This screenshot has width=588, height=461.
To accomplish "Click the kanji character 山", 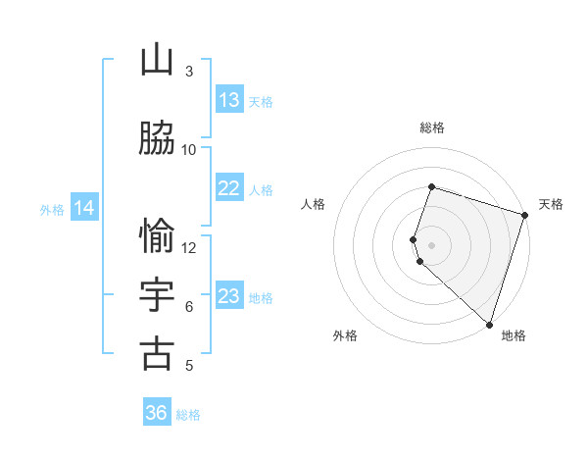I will (x=157, y=61).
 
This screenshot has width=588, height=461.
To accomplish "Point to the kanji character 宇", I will (x=157, y=295).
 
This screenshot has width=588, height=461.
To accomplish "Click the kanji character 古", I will (x=157, y=354).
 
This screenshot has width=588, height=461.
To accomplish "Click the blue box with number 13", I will (x=229, y=100).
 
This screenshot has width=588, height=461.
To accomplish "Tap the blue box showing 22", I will (x=229, y=189).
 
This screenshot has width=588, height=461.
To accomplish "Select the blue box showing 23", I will (x=229, y=296).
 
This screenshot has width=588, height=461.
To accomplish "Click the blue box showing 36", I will (x=157, y=413).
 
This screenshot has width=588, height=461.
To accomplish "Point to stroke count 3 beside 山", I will (x=189, y=72).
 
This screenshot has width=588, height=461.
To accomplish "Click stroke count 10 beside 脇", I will (x=189, y=150).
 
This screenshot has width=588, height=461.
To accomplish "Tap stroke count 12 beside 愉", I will (x=189, y=247).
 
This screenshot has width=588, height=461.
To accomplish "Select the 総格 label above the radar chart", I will (x=431, y=128).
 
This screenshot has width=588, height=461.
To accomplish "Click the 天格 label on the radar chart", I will (x=551, y=204).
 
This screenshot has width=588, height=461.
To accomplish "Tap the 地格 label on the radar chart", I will (x=514, y=335).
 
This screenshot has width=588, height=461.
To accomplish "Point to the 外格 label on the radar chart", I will (x=345, y=335).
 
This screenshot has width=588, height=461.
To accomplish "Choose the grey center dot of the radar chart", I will (x=431, y=244).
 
